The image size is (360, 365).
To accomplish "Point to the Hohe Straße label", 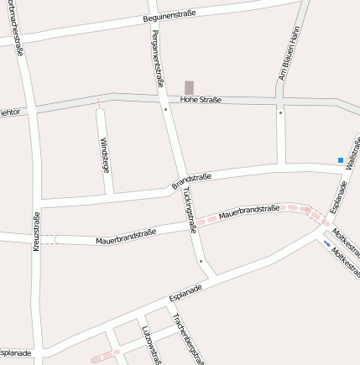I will click(x=201, y=100).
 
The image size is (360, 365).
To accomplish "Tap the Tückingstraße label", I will click(x=187, y=209).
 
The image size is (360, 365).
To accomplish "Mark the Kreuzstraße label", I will click(x=37, y=227).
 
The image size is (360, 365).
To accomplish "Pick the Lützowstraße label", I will click(x=149, y=344).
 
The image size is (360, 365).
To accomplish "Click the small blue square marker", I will click(x=340, y=159).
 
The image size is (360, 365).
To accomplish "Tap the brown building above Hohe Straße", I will click(x=189, y=87).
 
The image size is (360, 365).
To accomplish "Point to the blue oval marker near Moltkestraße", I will click(x=326, y=244).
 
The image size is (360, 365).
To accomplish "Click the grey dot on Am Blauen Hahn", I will click(x=280, y=112).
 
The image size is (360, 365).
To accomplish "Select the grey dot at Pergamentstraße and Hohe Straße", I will click(x=166, y=108).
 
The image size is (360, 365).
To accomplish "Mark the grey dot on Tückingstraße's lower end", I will click(x=201, y=262).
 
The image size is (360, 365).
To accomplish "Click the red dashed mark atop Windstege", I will click(x=99, y=105).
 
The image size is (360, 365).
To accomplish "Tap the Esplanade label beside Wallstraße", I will click(x=338, y=194).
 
